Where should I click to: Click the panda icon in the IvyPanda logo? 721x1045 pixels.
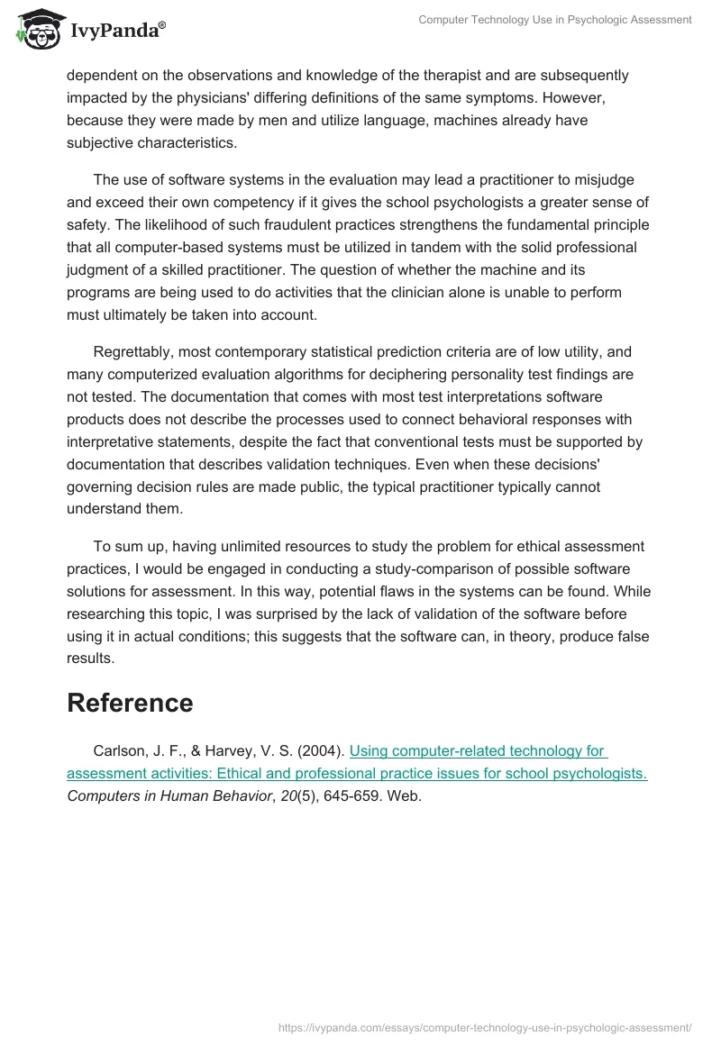click(33, 31)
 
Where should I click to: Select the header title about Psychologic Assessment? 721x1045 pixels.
click(555, 20)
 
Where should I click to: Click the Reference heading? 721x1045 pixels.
click(130, 703)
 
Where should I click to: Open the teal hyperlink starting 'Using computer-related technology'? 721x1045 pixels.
click(478, 750)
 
